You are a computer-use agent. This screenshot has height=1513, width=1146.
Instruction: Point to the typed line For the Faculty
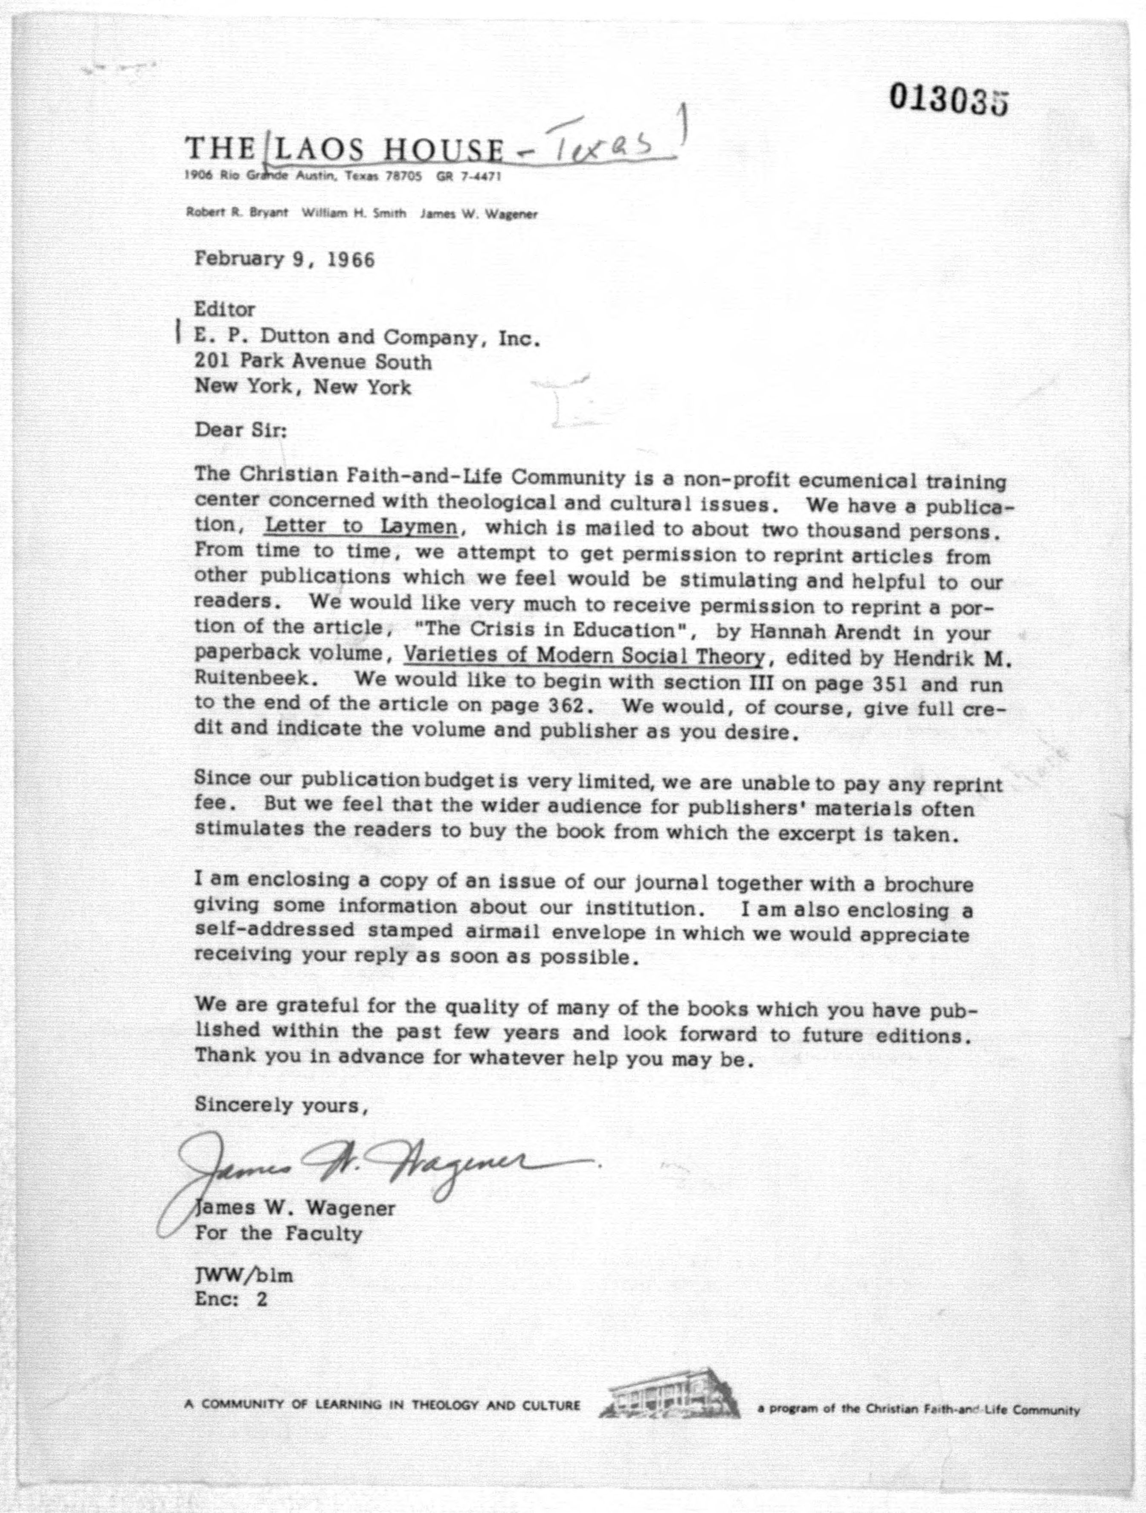(279, 1233)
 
